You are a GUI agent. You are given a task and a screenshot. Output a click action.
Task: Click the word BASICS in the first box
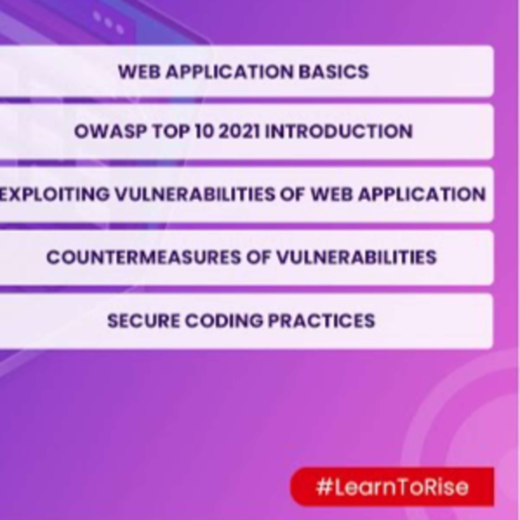click(x=334, y=72)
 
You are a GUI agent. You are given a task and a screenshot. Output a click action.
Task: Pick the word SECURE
click(x=143, y=320)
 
